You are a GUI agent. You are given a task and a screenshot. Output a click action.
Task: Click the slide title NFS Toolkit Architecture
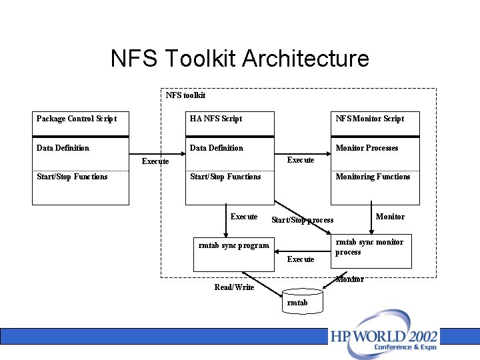pyautogui.click(x=239, y=59)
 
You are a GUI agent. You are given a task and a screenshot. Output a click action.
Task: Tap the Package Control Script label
pyautogui.click(x=76, y=119)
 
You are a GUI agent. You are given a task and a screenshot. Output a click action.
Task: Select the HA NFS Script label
pyautogui.click(x=215, y=119)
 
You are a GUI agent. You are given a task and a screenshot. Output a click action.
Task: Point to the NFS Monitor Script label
pyautogui.click(x=369, y=119)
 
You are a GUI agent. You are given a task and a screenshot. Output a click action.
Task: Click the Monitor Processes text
pyautogui.click(x=367, y=148)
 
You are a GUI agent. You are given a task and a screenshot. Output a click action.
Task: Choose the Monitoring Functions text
pyautogui.click(x=373, y=177)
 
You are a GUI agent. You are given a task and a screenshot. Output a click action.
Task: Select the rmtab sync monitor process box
pyautogui.click(x=371, y=250)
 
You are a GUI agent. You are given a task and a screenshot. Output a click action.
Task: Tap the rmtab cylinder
pyautogui.click(x=302, y=300)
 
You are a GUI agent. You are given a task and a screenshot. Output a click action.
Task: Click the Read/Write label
pyautogui.click(x=234, y=287)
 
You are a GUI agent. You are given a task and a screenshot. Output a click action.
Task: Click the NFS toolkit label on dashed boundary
pyautogui.click(x=185, y=95)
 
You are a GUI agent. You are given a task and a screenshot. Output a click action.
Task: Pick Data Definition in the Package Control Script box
pyautogui.click(x=63, y=148)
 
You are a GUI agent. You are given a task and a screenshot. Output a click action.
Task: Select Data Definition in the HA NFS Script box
pyautogui.click(x=217, y=148)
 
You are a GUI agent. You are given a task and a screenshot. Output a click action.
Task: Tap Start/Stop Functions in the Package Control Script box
pyautogui.click(x=72, y=177)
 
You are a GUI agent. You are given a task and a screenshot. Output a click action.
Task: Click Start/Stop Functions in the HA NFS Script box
pyautogui.click(x=225, y=177)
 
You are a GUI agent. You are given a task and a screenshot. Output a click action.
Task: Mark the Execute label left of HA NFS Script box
pyautogui.click(x=155, y=161)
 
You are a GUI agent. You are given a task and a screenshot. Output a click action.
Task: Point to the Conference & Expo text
pyautogui.click(x=405, y=347)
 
